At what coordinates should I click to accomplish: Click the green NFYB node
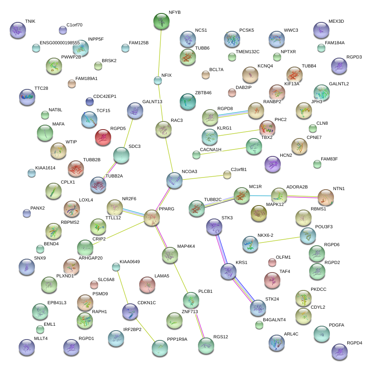coord(162,21)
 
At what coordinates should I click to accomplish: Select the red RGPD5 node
coord(103,137)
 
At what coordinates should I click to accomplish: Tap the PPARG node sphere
coord(152,218)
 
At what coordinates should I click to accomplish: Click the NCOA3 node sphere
coord(174,180)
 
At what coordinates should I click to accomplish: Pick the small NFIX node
coord(158,80)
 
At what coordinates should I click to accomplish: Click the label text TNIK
coord(30,21)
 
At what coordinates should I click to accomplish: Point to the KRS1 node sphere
coord(228,271)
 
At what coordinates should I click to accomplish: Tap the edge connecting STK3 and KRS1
coord(221,249)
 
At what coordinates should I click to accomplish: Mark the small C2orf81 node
coord(227,175)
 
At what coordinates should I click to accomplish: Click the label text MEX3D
coord(336,21)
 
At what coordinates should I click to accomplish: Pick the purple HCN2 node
coord(272,164)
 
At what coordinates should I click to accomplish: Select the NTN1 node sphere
coord(325,197)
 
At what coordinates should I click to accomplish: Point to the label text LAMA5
coord(161,276)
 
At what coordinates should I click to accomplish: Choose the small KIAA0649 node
coord(116,267)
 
